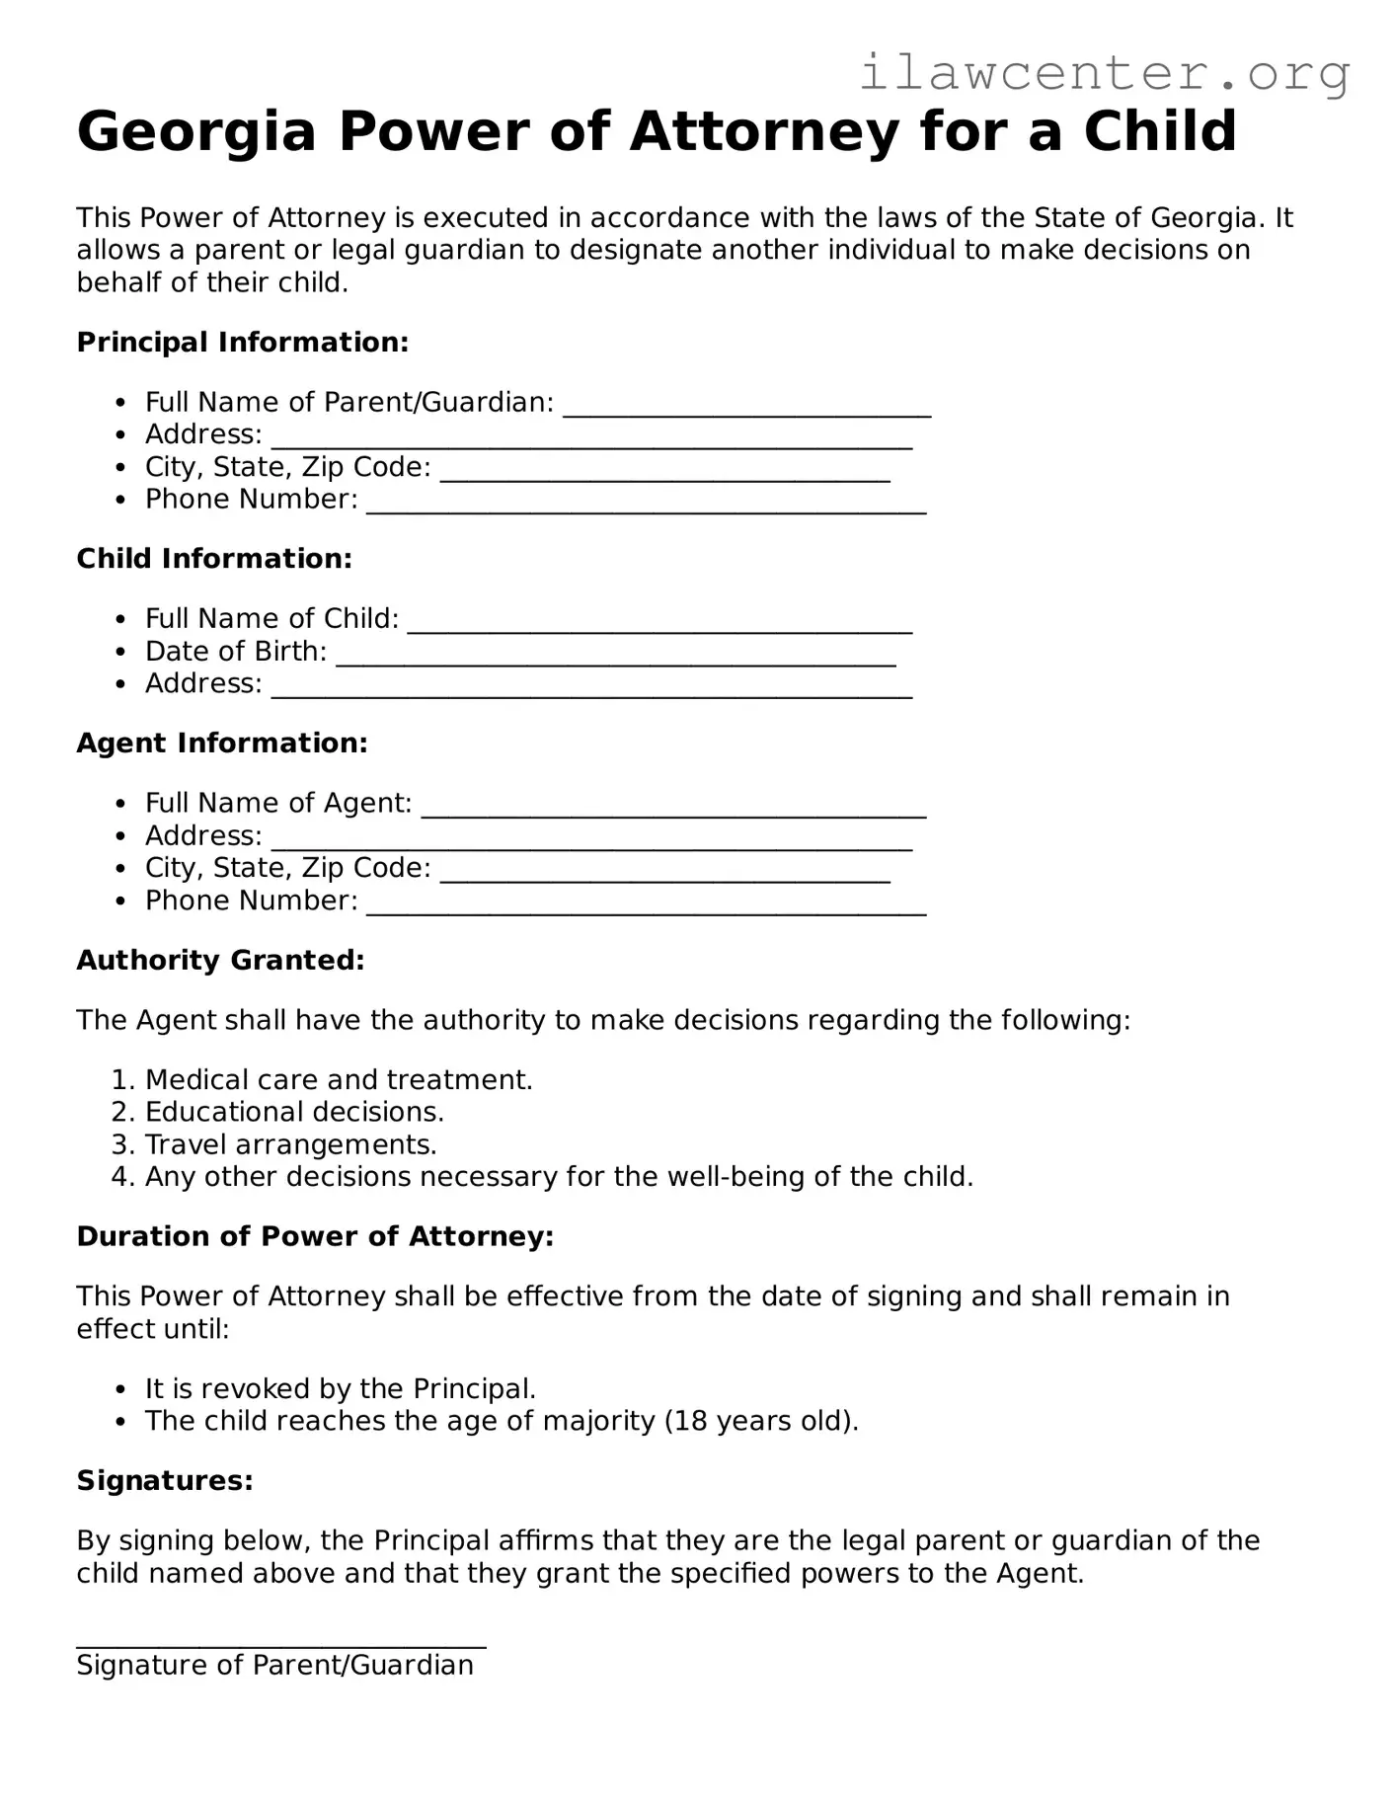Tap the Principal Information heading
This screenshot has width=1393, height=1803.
pyautogui.click(x=242, y=343)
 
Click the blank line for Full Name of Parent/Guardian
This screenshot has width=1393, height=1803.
pyautogui.click(x=746, y=410)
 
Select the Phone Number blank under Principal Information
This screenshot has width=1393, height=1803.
pyautogui.click(x=646, y=507)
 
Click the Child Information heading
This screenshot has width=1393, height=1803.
pyautogui.click(x=214, y=559)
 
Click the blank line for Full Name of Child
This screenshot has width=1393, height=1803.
pyautogui.click(x=659, y=626)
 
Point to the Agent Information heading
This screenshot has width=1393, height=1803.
pyautogui.click(x=222, y=744)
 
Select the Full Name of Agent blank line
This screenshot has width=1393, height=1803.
pyautogui.click(x=673, y=811)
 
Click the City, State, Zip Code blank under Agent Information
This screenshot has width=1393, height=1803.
pyautogui.click(x=664, y=875)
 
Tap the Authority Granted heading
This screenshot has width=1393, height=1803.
pyautogui.click(x=220, y=961)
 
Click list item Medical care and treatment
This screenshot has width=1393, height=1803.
pyautogui.click(x=339, y=1080)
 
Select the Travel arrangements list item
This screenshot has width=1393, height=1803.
pyautogui.click(x=290, y=1145)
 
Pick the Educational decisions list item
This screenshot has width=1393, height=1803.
pyautogui.click(x=294, y=1113)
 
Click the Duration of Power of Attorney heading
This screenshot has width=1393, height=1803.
pyautogui.click(x=315, y=1237)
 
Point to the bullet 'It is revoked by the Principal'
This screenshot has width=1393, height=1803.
pyautogui.click(x=340, y=1389)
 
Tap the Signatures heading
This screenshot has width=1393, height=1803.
pyautogui.click(x=165, y=1481)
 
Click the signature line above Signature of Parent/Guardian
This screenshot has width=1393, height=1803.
pyautogui.click(x=280, y=1644)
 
